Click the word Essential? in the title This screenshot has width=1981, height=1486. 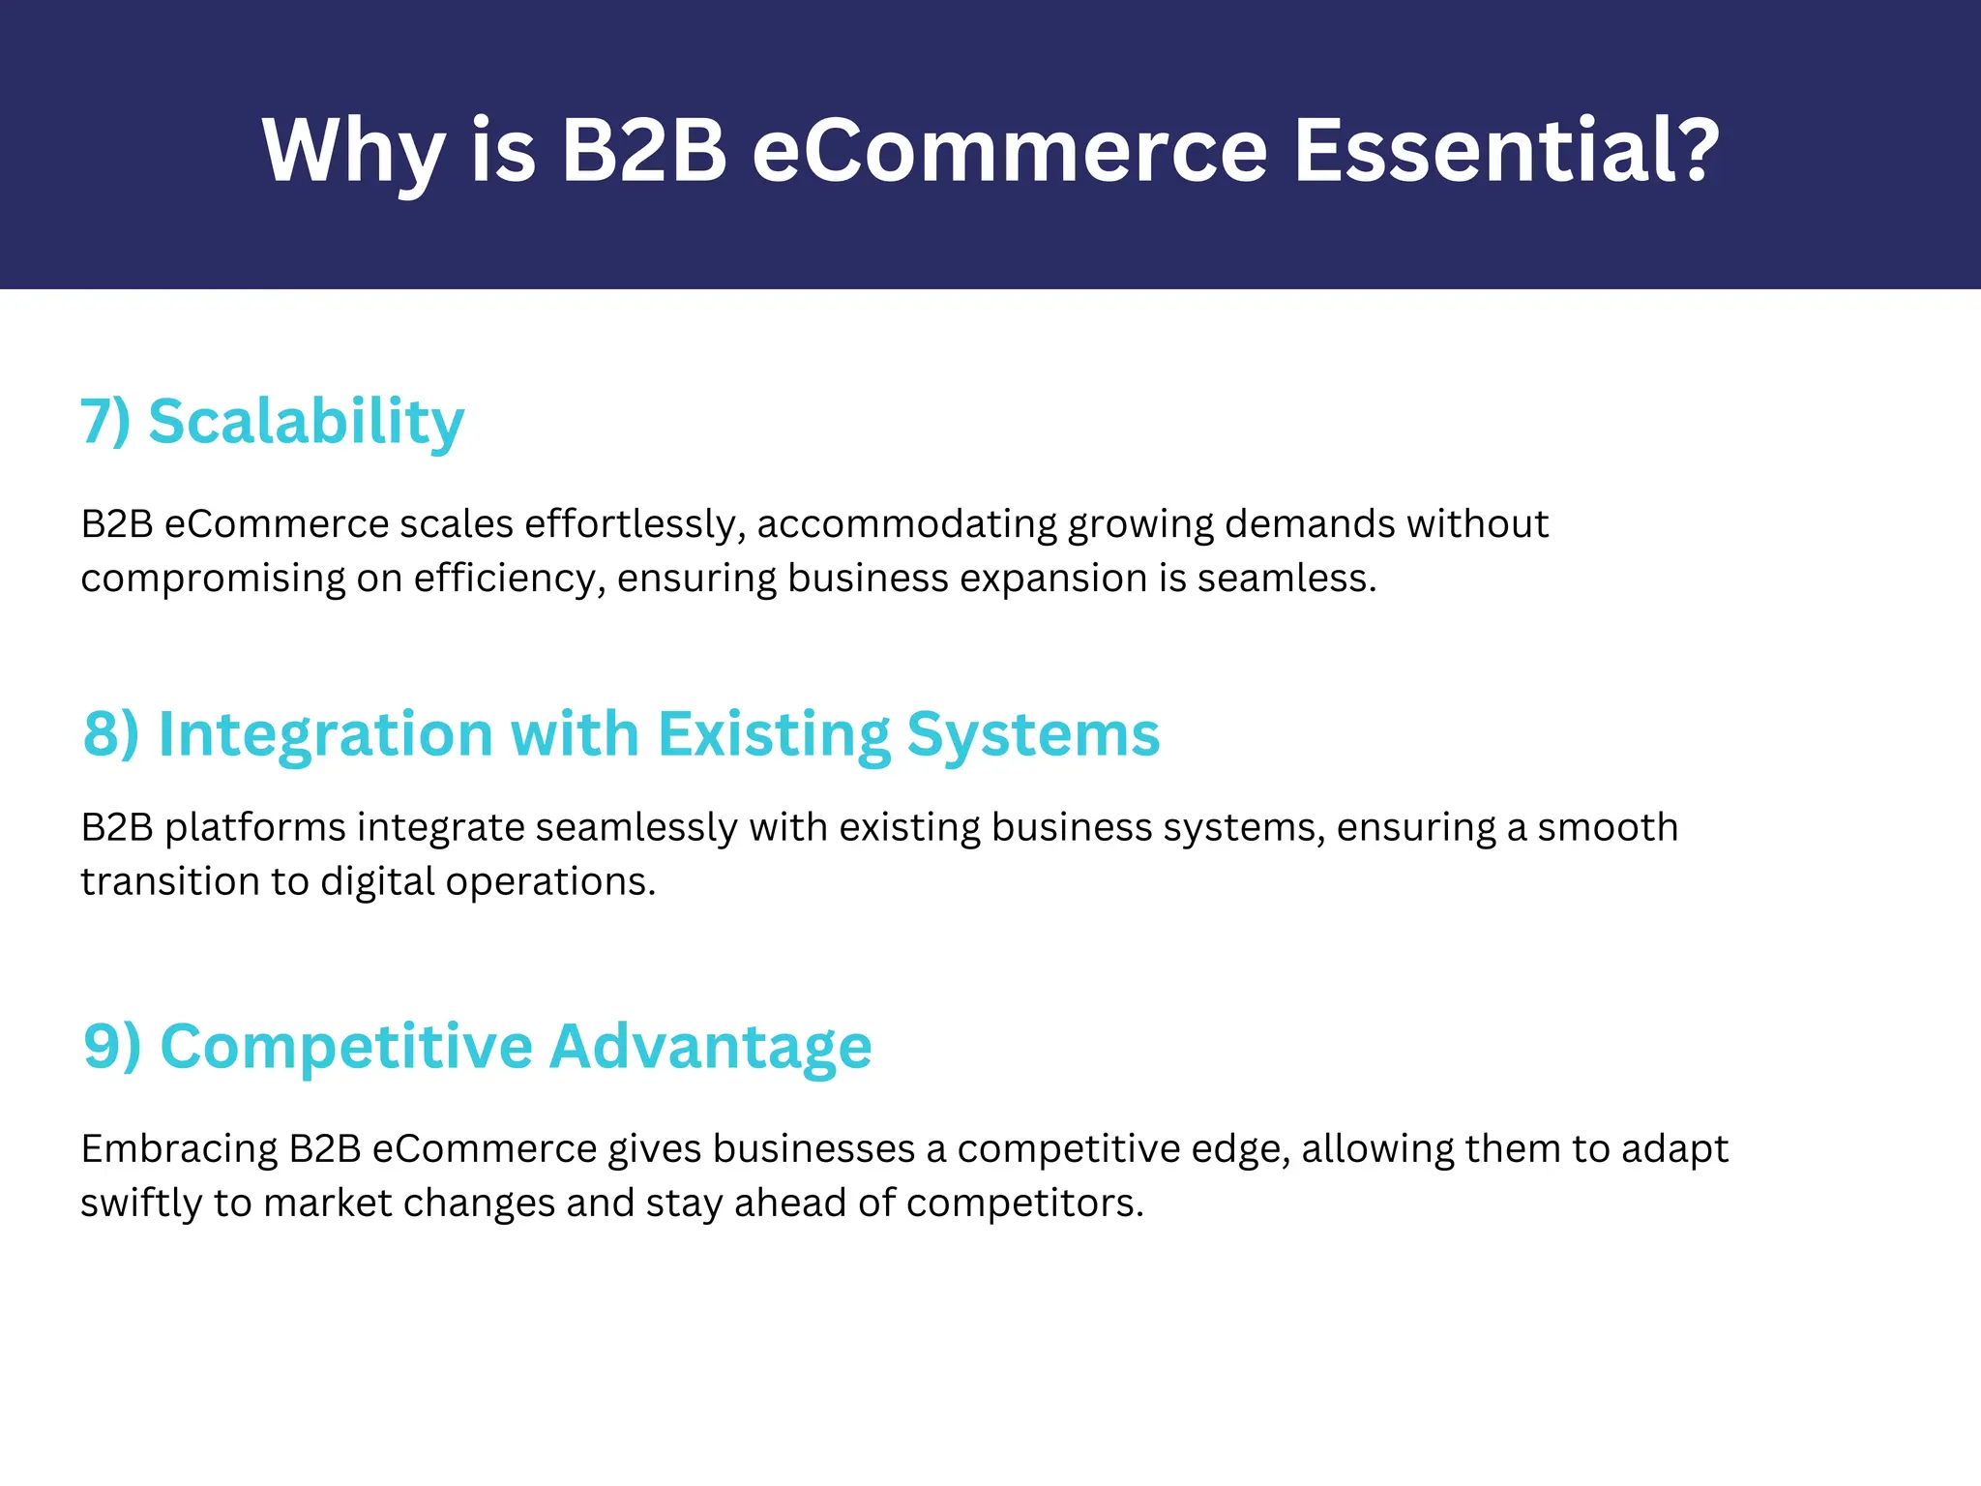click(1506, 150)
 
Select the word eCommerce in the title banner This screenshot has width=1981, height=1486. click(1009, 150)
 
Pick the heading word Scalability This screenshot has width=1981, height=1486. click(307, 422)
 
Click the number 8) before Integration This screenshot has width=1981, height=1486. click(111, 733)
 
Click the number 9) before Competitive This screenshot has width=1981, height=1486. click(112, 1046)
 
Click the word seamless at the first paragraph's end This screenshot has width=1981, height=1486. click(1286, 579)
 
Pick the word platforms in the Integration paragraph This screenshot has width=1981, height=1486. click(255, 828)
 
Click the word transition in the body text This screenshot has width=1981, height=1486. click(141, 881)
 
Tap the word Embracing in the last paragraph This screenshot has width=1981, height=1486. click(180, 1149)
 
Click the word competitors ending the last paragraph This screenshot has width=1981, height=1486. click(1024, 1204)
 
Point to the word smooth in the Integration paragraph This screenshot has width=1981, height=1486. click(1608, 828)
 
